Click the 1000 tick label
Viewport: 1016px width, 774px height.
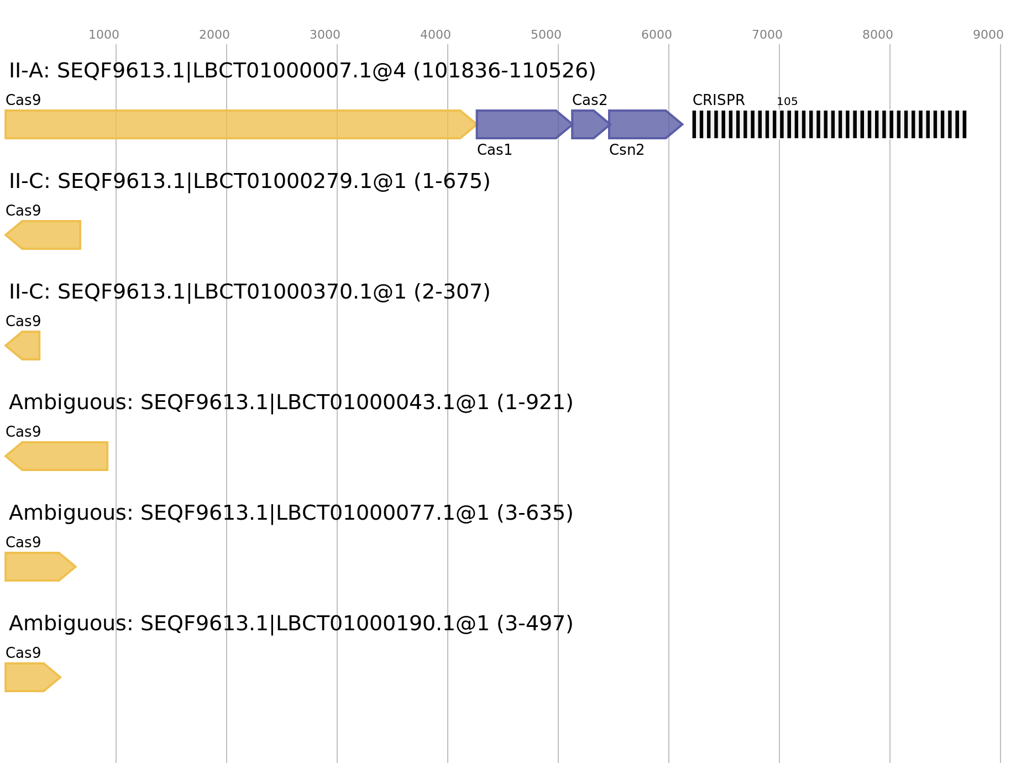pos(104,35)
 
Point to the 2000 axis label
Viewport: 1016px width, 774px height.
pos(214,35)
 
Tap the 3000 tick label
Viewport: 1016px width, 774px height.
pos(325,35)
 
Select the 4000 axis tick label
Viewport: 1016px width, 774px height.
pos(436,35)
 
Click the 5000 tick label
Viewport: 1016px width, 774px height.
pos(546,35)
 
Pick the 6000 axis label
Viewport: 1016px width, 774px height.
pos(657,35)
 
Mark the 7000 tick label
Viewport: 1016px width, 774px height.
pos(767,35)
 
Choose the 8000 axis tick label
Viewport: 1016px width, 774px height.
pos(878,35)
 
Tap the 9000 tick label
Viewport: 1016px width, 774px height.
pos(988,35)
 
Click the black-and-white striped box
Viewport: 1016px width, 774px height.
pos(829,124)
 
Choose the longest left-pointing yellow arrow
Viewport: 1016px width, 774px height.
pos(58,456)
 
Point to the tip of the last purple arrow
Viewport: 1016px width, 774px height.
pos(682,124)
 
